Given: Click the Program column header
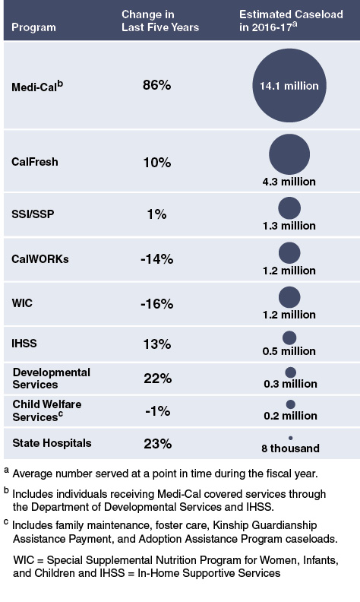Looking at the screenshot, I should coord(34,27).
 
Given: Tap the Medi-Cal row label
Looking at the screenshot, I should coord(37,86).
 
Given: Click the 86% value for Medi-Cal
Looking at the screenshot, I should coord(156,86).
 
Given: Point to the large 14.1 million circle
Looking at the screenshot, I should coord(289,85).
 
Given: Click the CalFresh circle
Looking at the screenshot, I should coord(289,154).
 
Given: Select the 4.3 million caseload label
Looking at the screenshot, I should coord(289,182).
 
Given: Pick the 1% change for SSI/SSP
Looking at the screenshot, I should coord(156,215).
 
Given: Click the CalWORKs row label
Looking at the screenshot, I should coord(40,258).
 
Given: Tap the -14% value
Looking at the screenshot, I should coord(156,258).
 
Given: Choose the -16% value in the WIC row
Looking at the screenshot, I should coord(156,302).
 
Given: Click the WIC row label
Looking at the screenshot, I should coord(23,302).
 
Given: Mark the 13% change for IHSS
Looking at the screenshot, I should coord(156,343).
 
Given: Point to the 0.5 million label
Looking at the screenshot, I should coord(289,351).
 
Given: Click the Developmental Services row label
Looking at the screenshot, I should coord(51,378).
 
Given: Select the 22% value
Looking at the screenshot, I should coord(156,378).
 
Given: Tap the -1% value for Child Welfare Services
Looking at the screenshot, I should coord(156,410).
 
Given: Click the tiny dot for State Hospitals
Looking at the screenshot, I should coord(290,438).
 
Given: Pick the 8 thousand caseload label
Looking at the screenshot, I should coord(289,448).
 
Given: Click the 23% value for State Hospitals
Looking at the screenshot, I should coord(156,443).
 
